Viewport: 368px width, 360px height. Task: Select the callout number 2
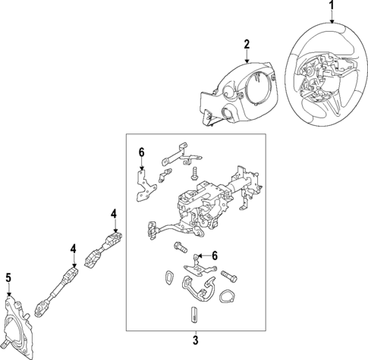pos(247,45)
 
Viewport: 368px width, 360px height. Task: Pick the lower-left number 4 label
pos(74,248)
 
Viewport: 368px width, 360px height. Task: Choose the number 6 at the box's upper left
pos(140,152)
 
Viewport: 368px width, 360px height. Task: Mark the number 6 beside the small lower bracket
pos(215,255)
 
